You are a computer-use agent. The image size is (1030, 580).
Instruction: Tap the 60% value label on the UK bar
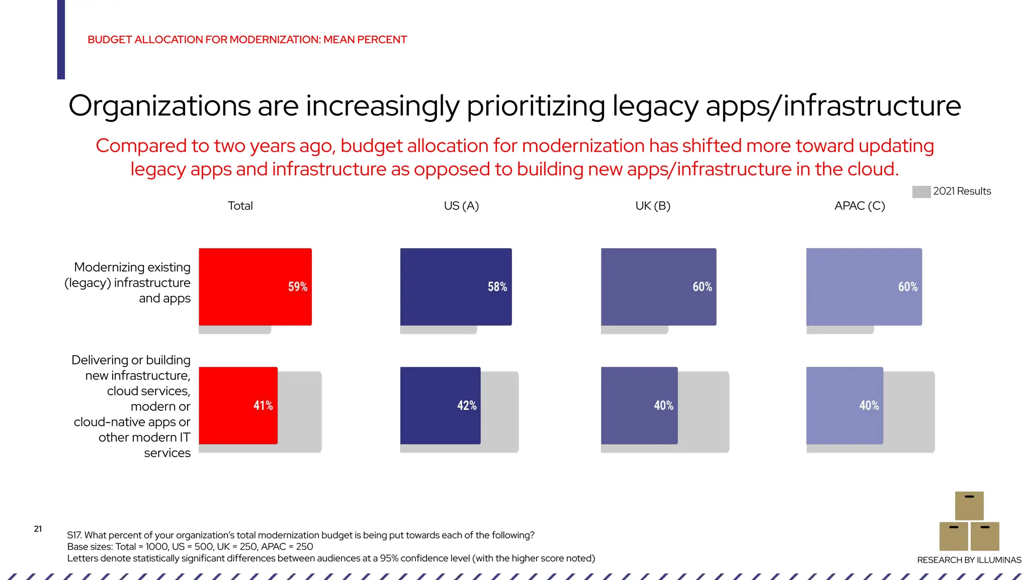click(702, 287)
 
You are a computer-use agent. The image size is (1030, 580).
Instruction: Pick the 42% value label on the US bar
click(466, 406)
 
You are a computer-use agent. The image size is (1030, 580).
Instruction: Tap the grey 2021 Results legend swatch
click(921, 192)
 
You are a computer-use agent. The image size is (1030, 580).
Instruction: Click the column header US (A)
click(461, 206)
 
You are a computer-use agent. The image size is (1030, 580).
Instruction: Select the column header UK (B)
click(653, 206)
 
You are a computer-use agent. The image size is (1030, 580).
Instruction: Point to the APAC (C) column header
click(860, 206)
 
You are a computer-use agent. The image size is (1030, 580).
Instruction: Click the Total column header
click(240, 206)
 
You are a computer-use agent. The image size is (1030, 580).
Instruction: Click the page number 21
click(38, 529)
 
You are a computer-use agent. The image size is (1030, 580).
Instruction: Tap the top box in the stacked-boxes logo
click(969, 505)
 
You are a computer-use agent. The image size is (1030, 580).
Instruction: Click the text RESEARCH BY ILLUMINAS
click(969, 560)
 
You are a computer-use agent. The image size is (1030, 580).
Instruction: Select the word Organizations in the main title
click(159, 106)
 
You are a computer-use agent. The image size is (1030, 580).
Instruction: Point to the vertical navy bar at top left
click(61, 39)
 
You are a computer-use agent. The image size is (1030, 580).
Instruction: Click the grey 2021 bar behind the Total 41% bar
click(300, 410)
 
